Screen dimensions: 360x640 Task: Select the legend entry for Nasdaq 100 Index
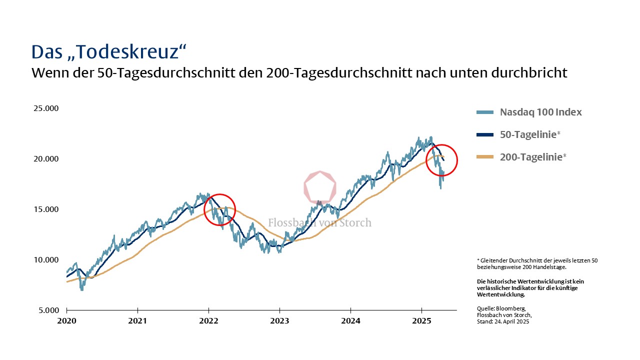pyautogui.click(x=540, y=112)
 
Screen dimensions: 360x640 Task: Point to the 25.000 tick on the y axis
pyautogui.click(x=45, y=108)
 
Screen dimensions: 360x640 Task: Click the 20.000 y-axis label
pyautogui.click(x=45, y=159)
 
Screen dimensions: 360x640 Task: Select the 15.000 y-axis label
pyautogui.click(x=45, y=209)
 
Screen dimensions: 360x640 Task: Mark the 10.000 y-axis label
pyautogui.click(x=45, y=260)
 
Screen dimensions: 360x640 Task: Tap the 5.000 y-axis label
pyautogui.click(x=48, y=310)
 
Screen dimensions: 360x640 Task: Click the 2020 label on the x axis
pyautogui.click(x=66, y=320)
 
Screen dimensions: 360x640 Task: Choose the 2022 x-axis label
pyautogui.click(x=208, y=320)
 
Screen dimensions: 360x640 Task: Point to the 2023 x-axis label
pyautogui.click(x=279, y=320)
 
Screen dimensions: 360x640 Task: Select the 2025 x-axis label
pyautogui.click(x=421, y=320)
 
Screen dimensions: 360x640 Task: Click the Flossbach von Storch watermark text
pyautogui.click(x=320, y=222)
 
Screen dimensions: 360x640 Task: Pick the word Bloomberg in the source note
pyautogui.click(x=511, y=309)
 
